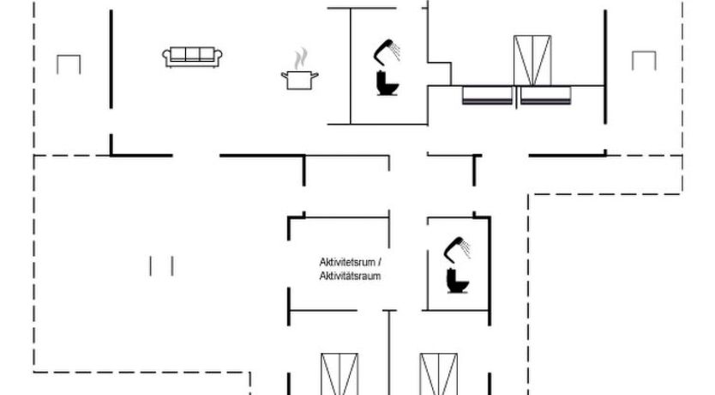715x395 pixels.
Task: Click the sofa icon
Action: click(193, 56)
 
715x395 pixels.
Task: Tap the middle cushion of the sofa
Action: click(193, 55)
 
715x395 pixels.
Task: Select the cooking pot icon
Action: click(299, 80)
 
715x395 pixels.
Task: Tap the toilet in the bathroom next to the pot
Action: click(387, 82)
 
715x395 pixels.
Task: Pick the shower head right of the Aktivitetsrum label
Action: click(457, 247)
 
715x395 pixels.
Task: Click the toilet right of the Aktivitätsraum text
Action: click(456, 280)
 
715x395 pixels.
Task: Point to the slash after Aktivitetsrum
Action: click(379, 262)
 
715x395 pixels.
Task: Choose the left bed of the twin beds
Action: click(488, 94)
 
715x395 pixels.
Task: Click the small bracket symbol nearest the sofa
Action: click(68, 64)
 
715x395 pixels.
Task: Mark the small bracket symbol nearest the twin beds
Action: click(644, 60)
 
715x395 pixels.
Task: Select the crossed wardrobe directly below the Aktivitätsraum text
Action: click(339, 374)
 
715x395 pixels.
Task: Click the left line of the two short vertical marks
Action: click(151, 266)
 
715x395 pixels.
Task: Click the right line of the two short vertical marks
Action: click(172, 266)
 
